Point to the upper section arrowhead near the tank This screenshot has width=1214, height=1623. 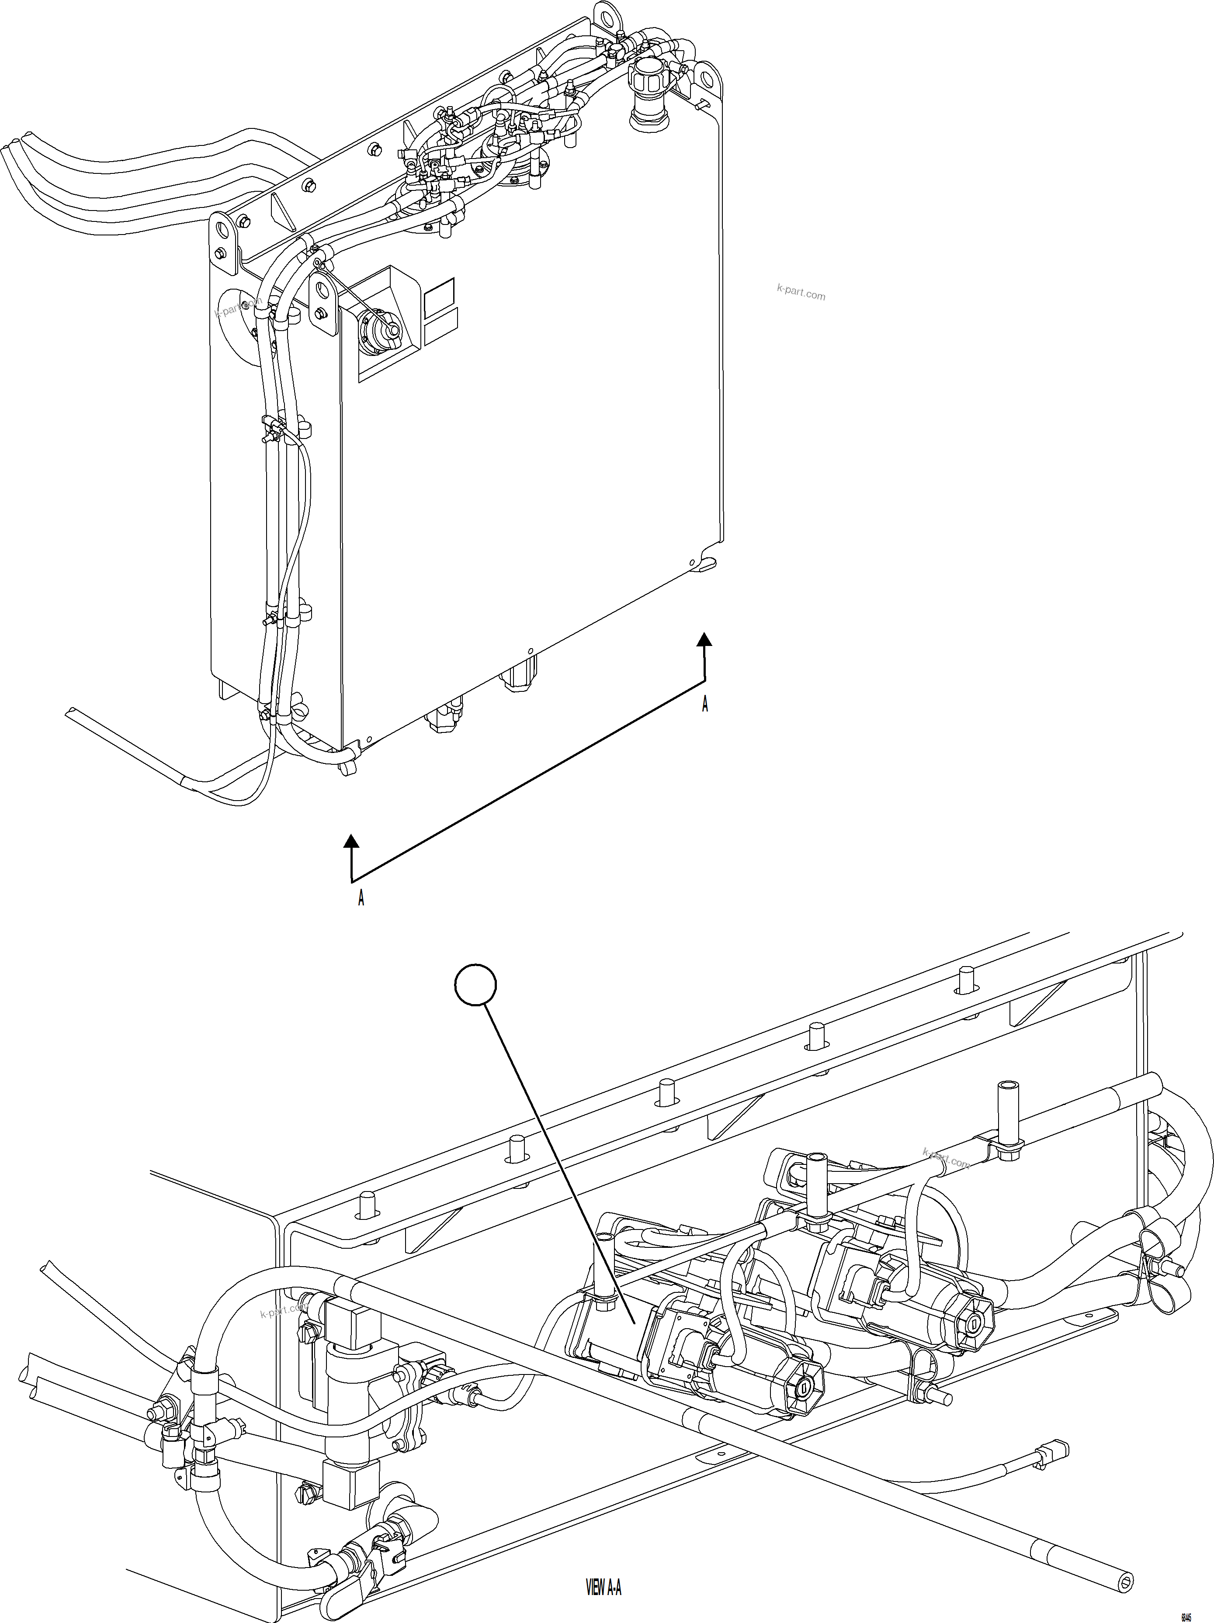point(704,639)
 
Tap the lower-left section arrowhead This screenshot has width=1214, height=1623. point(352,842)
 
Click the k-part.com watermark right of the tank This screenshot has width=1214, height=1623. point(801,294)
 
